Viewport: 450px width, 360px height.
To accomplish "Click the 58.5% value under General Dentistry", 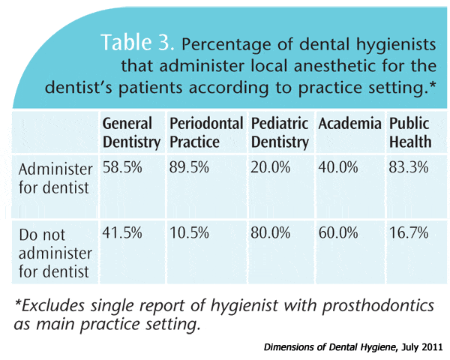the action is (122, 167).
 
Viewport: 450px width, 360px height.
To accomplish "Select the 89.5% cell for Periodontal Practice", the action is (189, 167).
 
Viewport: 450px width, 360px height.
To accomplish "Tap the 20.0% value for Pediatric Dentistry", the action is (270, 167).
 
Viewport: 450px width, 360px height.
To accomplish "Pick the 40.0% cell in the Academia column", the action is (338, 167).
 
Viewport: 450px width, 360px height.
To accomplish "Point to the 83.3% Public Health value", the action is (409, 167).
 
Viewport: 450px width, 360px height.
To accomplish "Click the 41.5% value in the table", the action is (122, 232).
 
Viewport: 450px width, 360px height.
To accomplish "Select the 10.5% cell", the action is (189, 232).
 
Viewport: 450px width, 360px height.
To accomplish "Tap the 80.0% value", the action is (270, 232).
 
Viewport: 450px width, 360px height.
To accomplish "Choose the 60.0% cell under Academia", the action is (338, 232).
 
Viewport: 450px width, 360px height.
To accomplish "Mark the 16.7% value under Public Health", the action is (409, 232).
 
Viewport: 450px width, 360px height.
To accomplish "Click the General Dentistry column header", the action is (131, 133).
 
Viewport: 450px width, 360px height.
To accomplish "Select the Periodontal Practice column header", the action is (206, 133).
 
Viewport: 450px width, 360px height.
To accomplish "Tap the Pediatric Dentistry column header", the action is (280, 133).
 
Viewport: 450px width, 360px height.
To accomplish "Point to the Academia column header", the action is (349, 124).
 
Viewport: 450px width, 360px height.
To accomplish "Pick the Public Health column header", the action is (410, 133).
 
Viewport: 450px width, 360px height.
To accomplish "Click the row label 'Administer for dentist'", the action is (55, 178).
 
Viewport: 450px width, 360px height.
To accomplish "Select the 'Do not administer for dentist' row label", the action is (55, 253).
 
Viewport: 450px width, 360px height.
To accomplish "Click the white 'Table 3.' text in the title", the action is (137, 42).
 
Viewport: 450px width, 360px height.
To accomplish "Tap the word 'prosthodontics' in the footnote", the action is (378, 305).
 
